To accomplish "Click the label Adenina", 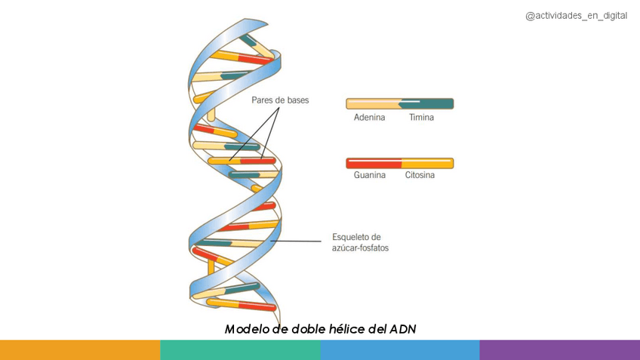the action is point(369,118).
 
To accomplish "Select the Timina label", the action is point(421,118).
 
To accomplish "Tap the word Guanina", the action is point(369,175).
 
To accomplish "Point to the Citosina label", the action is point(420,175).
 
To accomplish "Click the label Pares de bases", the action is point(280,100).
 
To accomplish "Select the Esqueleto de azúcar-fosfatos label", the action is point(360,242).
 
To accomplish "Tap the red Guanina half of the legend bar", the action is point(373,163).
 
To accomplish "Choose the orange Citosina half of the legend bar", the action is point(427,163).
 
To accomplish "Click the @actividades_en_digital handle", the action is point(576,16).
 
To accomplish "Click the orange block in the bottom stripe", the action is point(80,350).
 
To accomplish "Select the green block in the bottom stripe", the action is point(240,350).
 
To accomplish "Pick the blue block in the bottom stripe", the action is point(400,350).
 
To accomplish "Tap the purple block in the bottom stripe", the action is point(560,350).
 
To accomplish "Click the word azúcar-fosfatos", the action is point(360,248).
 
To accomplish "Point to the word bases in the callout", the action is point(296,100).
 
